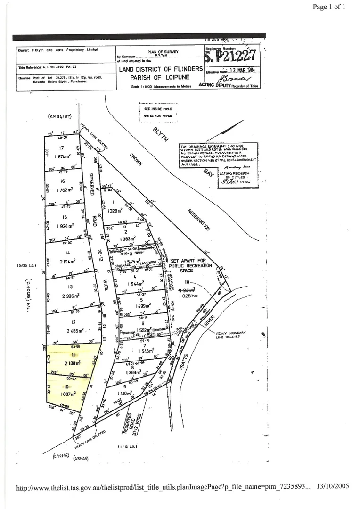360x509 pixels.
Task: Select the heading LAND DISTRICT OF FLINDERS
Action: (161, 69)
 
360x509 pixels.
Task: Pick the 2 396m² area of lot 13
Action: (68, 296)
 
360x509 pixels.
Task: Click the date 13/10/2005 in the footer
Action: (333, 486)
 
